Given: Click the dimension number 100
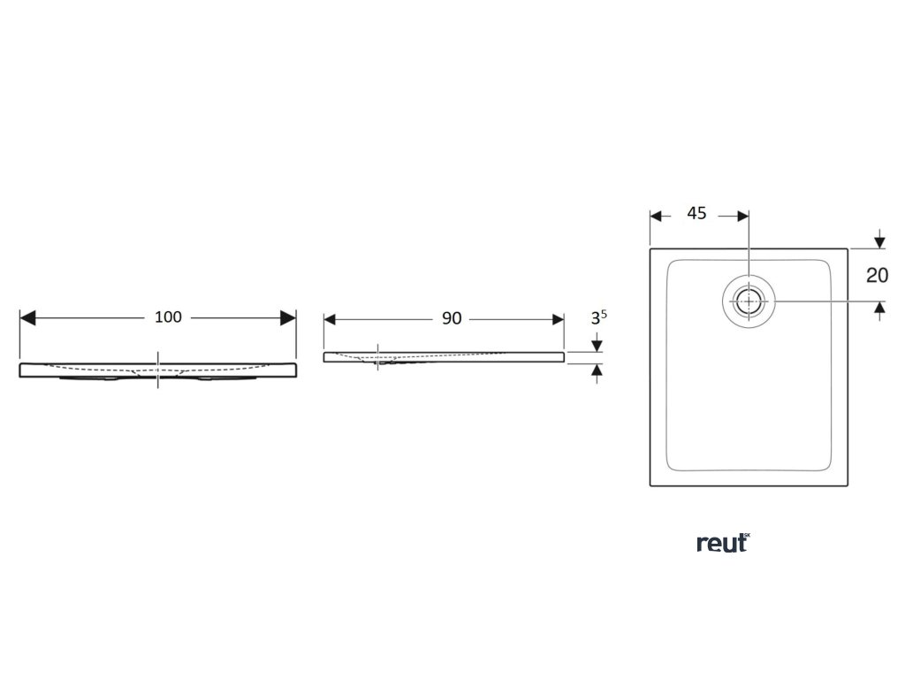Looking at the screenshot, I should (x=168, y=317).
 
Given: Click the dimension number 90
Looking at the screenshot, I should (x=452, y=319).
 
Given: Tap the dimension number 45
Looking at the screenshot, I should (x=696, y=214).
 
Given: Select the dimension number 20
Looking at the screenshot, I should (x=877, y=275).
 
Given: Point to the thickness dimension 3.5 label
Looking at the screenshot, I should (x=599, y=318).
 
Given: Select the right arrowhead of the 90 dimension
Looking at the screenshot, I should (x=557, y=319).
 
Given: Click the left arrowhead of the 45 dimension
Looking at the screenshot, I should (x=656, y=215).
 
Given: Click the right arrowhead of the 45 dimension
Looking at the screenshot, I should (x=743, y=215).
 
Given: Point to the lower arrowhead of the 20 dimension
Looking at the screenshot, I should (x=879, y=308).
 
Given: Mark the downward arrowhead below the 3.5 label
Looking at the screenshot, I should (x=598, y=345).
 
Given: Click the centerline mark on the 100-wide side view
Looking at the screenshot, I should (x=158, y=370).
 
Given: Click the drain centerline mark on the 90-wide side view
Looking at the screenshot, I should (x=378, y=356).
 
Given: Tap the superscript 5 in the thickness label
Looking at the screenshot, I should (x=605, y=314).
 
